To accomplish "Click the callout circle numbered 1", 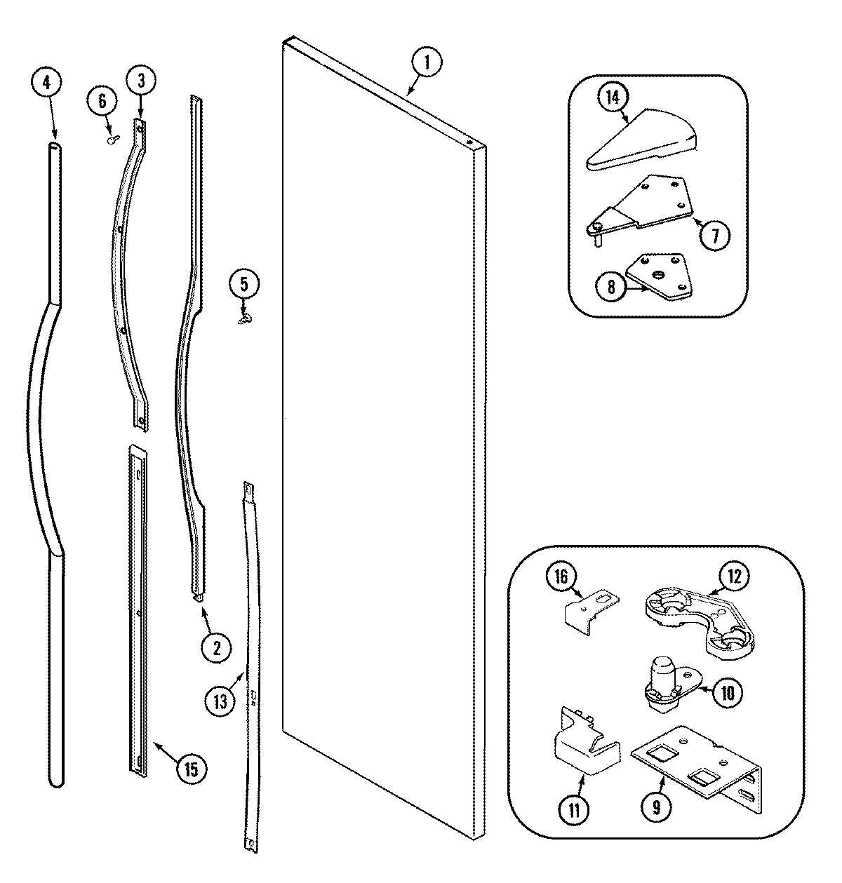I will click(427, 62).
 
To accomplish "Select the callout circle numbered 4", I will click(46, 82).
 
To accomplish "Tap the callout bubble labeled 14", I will click(613, 97).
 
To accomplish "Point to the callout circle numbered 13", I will click(221, 701).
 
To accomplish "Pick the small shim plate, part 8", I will click(657, 276).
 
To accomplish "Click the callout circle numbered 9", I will click(657, 807).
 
